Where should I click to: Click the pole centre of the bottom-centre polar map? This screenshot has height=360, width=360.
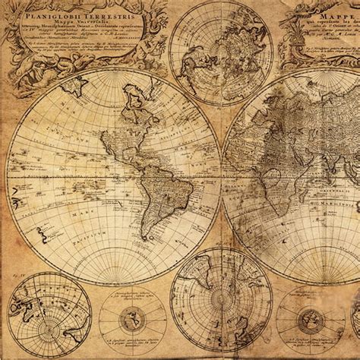coord(220,301)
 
